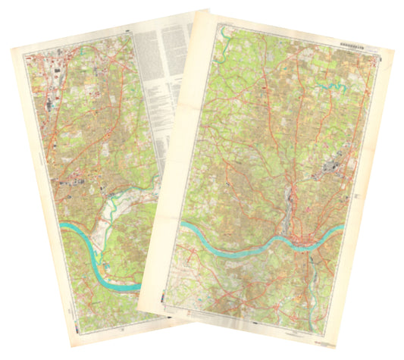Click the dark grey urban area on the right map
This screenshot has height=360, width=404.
pyautogui.click(x=332, y=168)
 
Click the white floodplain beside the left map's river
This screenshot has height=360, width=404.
pyautogui.click(x=121, y=220)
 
